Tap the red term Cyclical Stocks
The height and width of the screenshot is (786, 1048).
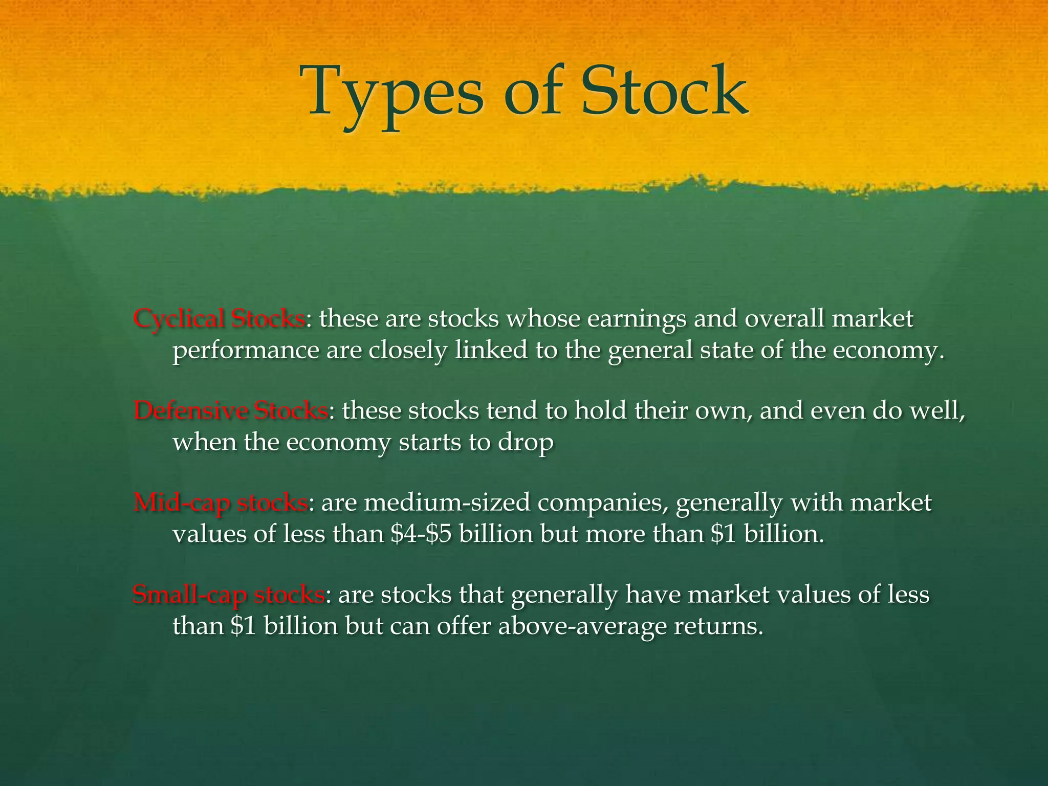click(x=219, y=319)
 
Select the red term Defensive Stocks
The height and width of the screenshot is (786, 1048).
click(x=230, y=411)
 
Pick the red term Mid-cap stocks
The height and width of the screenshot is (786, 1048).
click(x=221, y=503)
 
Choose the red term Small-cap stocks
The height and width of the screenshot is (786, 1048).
click(x=228, y=595)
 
